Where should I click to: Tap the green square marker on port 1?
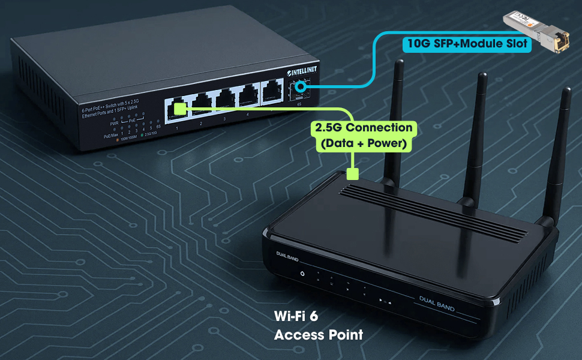coord(179,108)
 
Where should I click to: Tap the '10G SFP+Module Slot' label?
coord(467,43)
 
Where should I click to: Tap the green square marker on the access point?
coord(353,175)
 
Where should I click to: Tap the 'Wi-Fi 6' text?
coord(295,316)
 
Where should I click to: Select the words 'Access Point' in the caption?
coord(319,334)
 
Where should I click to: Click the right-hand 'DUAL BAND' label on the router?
coord(437,305)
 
